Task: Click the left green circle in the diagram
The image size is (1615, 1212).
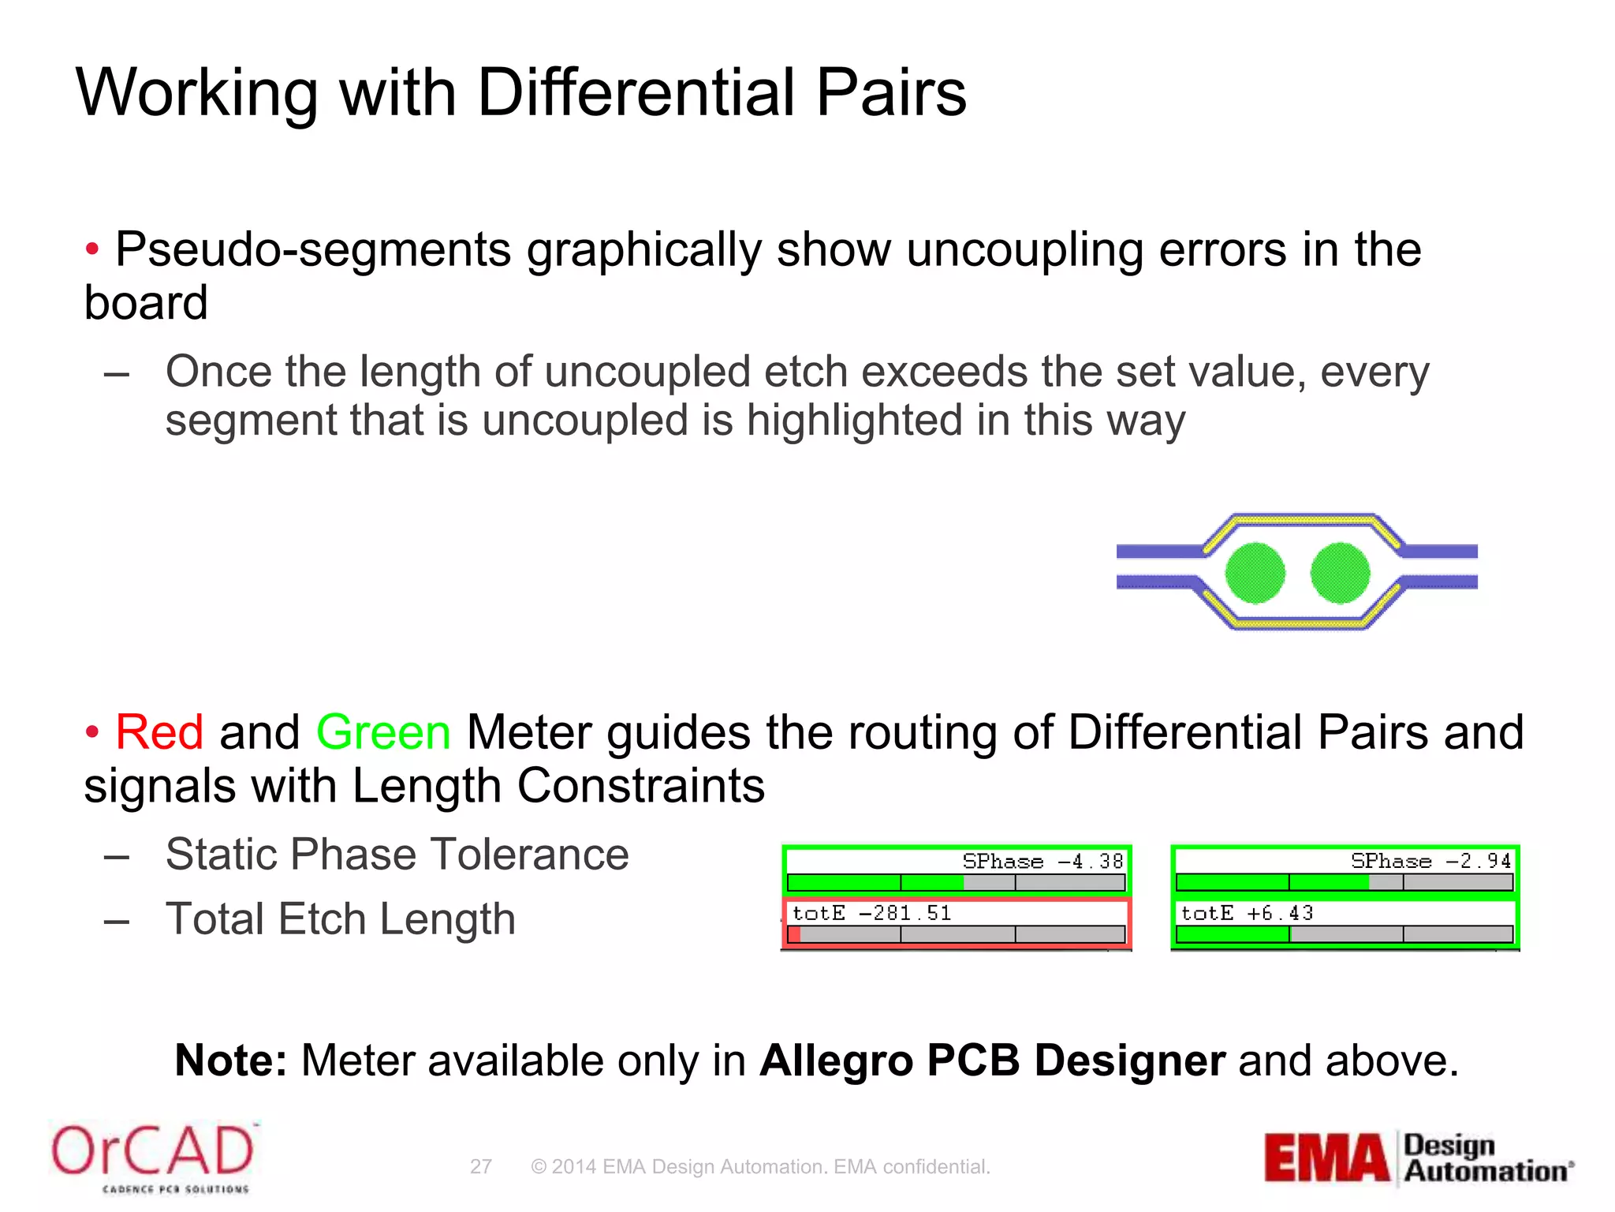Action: [1255, 573]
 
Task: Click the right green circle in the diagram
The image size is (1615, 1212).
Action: [1340, 573]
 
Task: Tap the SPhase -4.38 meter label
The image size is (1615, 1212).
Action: [1042, 861]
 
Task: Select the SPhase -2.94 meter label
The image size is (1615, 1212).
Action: [1430, 861]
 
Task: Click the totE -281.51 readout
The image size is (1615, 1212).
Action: [872, 913]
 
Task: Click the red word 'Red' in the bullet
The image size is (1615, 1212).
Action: [159, 731]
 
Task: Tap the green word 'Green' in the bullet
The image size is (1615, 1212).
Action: [383, 731]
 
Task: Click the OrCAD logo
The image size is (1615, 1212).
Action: [153, 1157]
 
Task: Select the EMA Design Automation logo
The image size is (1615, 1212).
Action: [1418, 1158]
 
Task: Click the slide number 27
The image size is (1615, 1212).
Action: [481, 1166]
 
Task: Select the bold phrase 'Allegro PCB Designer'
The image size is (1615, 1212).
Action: [992, 1060]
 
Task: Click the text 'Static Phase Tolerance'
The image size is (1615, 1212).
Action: [397, 854]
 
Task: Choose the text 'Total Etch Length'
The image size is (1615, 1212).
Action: [341, 919]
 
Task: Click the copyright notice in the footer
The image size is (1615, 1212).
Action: [760, 1166]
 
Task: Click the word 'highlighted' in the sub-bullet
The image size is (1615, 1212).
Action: [855, 420]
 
